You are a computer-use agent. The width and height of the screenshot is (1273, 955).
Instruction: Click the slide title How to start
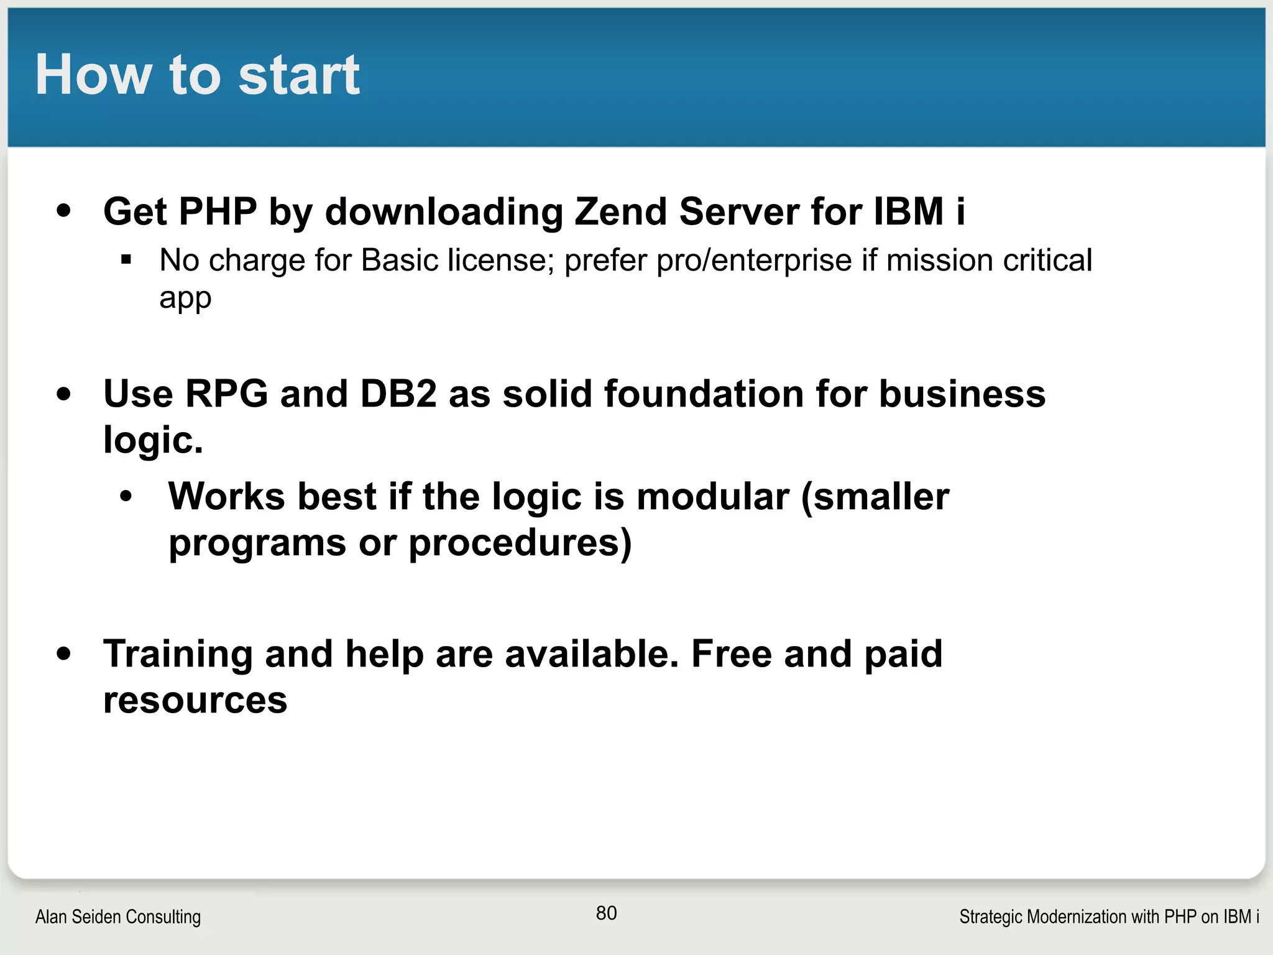pos(197,75)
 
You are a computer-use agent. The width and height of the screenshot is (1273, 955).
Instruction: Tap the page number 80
pos(606,913)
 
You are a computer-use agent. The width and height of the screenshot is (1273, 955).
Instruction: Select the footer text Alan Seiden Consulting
pos(118,916)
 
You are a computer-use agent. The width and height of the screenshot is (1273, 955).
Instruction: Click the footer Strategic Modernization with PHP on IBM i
pos(1109,916)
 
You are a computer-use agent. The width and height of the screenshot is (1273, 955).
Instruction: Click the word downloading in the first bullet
pos(444,212)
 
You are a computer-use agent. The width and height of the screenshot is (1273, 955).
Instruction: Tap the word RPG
pos(227,394)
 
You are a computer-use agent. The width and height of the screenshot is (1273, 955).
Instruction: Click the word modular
pos(713,497)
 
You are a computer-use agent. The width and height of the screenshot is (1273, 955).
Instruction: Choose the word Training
pos(178,654)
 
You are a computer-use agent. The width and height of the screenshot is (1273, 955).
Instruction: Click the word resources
pos(195,701)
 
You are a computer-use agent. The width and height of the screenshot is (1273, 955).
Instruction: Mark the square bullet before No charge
pos(127,259)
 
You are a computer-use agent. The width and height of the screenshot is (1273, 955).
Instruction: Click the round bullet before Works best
pos(127,497)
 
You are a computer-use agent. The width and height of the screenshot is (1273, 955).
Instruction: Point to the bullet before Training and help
pos(63,654)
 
